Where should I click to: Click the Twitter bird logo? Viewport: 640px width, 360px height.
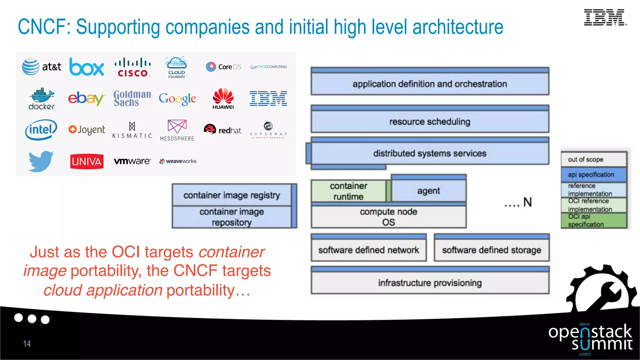pos(41,161)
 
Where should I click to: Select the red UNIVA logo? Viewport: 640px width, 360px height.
pos(87,161)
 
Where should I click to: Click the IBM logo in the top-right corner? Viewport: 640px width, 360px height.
pos(605,17)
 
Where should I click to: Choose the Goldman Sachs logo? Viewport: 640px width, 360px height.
pos(132,98)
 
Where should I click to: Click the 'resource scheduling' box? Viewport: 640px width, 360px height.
pos(430,122)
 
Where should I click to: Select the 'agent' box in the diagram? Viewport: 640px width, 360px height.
pos(428,191)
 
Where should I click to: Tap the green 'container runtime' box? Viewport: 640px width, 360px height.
pos(348,191)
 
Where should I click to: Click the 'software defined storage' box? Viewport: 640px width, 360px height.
pos(492,250)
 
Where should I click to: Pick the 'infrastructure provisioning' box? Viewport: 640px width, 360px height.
pos(430,283)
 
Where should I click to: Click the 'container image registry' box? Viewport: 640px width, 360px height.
pos(232,195)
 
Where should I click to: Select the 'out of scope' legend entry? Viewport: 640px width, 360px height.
pos(593,159)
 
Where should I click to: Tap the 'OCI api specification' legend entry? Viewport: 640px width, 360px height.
pos(593,220)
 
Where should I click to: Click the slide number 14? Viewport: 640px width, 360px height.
pos(27,344)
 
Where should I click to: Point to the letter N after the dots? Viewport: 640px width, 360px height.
pos(527,202)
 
